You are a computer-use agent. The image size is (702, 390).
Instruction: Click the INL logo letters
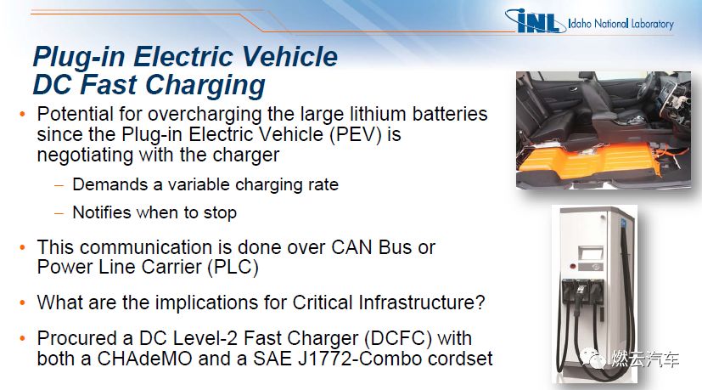click(536, 21)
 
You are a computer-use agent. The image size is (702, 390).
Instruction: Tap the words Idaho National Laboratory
click(621, 23)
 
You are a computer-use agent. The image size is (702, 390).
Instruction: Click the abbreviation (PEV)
click(356, 134)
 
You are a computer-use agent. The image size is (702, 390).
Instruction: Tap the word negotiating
click(85, 155)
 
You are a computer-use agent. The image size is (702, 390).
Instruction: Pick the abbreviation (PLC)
click(233, 267)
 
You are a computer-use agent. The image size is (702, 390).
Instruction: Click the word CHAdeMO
click(144, 359)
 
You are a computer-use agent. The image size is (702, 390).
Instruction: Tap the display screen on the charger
click(591, 253)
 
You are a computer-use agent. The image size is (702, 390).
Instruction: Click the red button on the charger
click(573, 266)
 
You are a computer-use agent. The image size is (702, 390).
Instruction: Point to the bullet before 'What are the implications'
click(23, 302)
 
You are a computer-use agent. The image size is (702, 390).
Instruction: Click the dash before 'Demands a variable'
click(59, 184)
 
